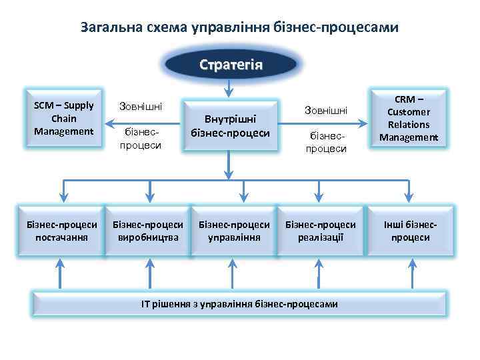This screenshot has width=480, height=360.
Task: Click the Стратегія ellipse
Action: pos(231,65)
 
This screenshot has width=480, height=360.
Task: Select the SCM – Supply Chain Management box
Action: pos(64,119)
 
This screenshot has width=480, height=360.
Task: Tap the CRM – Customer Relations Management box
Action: pos(409,119)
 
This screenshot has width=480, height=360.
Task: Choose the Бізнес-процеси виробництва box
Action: pos(148,231)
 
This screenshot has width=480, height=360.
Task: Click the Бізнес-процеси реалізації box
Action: pos(321,231)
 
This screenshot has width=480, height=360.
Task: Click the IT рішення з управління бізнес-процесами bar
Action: pos(239,304)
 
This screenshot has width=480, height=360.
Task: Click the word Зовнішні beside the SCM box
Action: pos(140,106)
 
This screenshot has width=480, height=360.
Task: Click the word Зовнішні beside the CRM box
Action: pos(325,109)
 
